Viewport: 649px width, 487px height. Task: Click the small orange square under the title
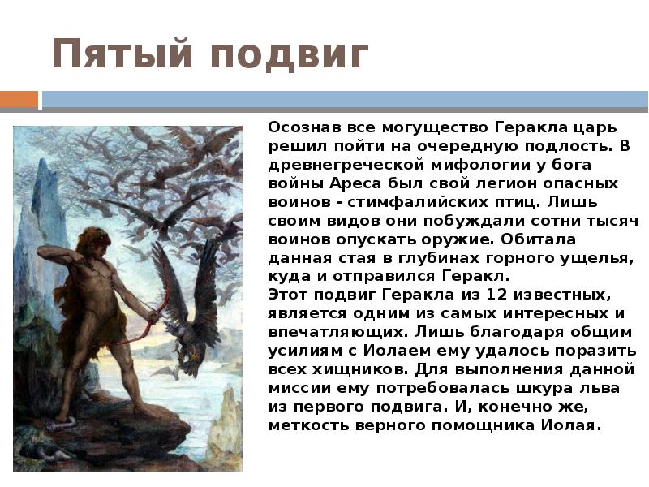[x=19, y=100]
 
